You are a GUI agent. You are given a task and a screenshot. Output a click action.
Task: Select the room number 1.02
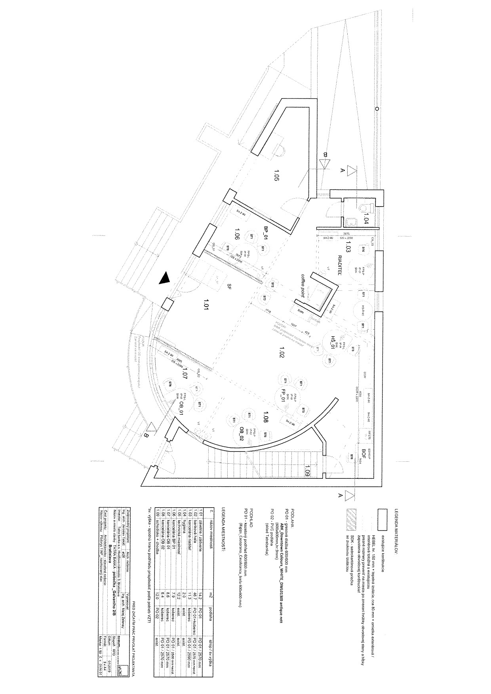(x=282, y=352)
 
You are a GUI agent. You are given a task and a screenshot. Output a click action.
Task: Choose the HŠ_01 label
(x=334, y=341)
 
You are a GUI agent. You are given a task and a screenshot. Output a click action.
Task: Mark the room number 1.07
(x=185, y=373)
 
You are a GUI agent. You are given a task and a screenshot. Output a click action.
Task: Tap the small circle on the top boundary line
(x=377, y=108)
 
